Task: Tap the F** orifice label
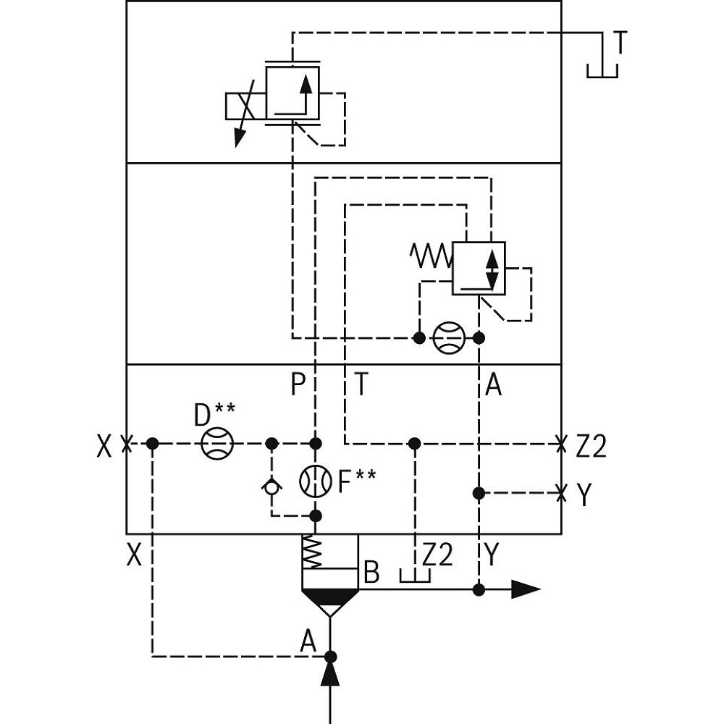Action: pyautogui.click(x=356, y=480)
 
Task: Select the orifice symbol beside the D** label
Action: pyautogui.click(x=215, y=443)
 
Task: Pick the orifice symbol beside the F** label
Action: pyautogui.click(x=315, y=479)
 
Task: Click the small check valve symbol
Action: pyautogui.click(x=271, y=487)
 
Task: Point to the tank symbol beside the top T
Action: pyautogui.click(x=602, y=70)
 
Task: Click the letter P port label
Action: pyautogui.click(x=298, y=385)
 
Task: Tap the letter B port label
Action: pyautogui.click(x=371, y=573)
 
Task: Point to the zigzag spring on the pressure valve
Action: pyautogui.click(x=430, y=255)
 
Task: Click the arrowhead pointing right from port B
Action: pyautogui.click(x=526, y=589)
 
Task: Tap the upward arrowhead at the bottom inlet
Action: pyautogui.click(x=330, y=675)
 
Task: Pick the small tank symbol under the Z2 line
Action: pyautogui.click(x=415, y=576)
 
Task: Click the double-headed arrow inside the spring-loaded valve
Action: pyautogui.click(x=492, y=269)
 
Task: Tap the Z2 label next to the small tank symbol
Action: pyautogui.click(x=437, y=555)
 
